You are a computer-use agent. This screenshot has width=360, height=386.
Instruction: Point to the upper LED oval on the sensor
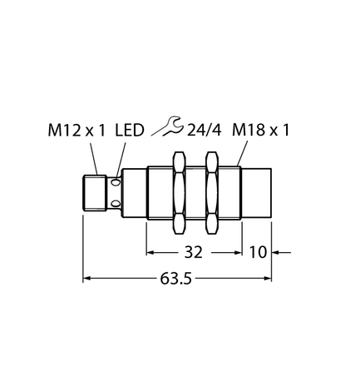coord(118,182)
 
